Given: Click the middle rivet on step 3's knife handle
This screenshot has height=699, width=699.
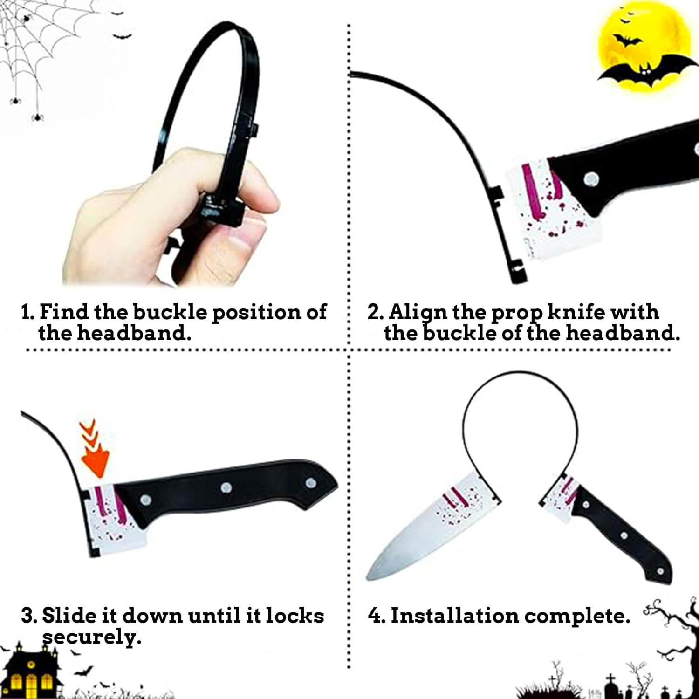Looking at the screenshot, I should pyautogui.click(x=226, y=487).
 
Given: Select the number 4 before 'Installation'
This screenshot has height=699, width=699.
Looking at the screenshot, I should pyautogui.click(x=375, y=616).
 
